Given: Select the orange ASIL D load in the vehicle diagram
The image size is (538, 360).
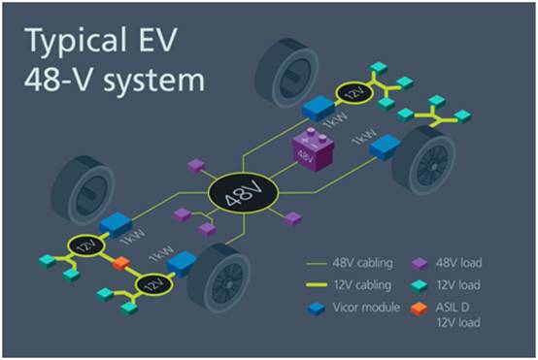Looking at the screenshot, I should coord(120,263).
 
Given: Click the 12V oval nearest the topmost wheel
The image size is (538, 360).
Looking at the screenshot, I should coord(353,92).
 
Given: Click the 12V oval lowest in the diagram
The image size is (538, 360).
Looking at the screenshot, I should coord(151,286).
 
